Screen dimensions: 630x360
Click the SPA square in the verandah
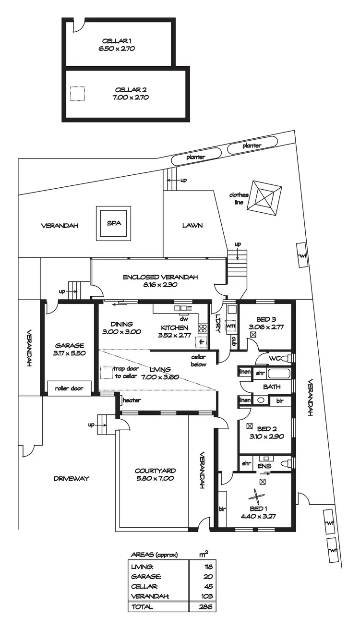point(114,223)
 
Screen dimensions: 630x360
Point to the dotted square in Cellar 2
point(77,93)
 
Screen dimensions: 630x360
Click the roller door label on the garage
point(69,388)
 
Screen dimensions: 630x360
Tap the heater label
point(131,400)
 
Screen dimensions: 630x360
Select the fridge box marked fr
point(202,342)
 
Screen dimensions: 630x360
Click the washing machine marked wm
point(231,326)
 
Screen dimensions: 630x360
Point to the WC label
point(275,358)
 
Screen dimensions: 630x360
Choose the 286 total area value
point(207,606)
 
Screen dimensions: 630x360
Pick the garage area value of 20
point(209,576)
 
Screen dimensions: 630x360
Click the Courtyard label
point(155,474)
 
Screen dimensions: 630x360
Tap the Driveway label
point(72,478)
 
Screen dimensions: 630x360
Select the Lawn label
point(192,225)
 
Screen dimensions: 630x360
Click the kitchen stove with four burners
point(203,329)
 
